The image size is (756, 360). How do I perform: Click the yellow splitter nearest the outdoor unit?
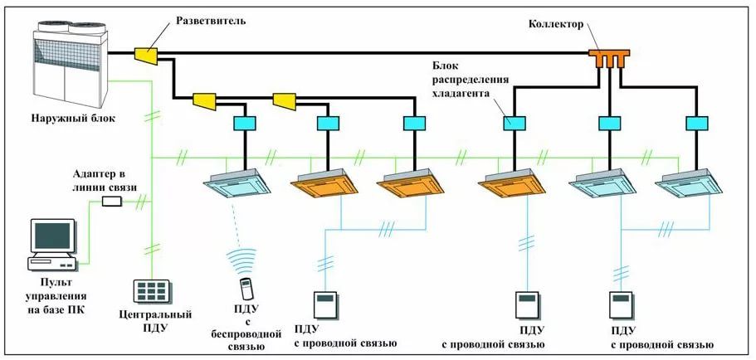[145, 56]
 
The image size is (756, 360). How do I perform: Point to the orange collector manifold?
[609, 57]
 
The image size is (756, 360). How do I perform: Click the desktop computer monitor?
[51, 236]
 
